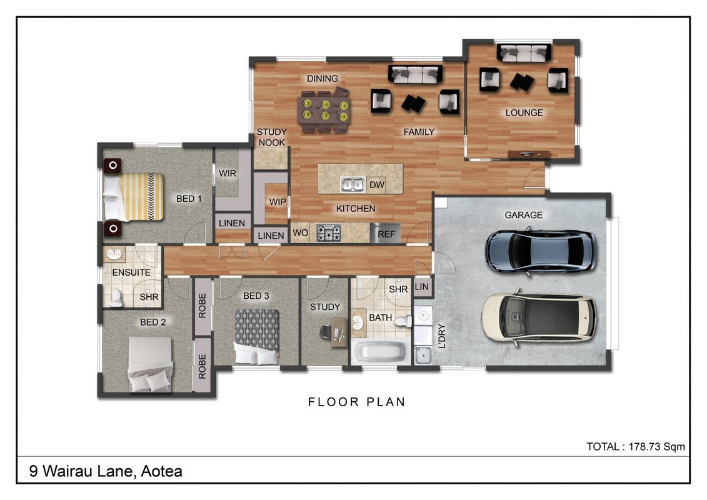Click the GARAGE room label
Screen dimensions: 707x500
523,215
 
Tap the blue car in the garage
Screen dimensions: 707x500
540,252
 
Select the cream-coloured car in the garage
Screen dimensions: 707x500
539,318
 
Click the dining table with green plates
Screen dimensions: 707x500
324,111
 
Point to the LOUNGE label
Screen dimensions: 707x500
524,112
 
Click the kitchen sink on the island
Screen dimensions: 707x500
352,184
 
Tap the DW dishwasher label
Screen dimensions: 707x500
377,184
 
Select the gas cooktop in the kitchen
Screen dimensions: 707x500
328,233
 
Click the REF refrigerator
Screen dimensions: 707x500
386,234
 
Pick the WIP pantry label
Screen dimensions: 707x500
278,202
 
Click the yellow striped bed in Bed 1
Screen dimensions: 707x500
133,197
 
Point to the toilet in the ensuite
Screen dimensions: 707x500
116,297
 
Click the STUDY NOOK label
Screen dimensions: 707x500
271,137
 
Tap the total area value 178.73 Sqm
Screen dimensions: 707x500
656,447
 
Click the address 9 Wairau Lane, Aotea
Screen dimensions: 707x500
106,471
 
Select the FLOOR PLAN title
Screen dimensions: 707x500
357,402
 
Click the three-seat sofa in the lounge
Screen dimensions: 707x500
523,52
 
